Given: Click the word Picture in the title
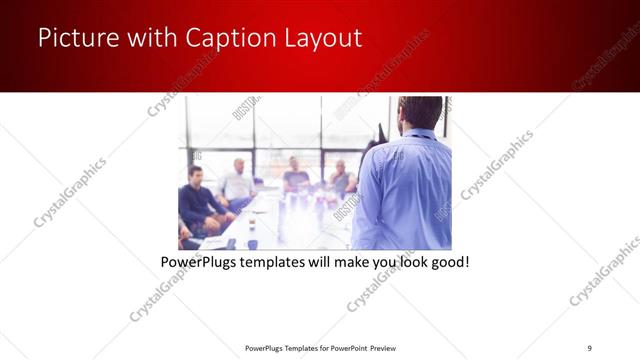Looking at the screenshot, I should (x=73, y=39).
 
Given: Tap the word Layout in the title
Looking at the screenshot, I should (x=322, y=39).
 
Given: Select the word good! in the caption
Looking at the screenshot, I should (x=449, y=262).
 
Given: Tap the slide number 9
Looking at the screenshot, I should (x=589, y=347).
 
